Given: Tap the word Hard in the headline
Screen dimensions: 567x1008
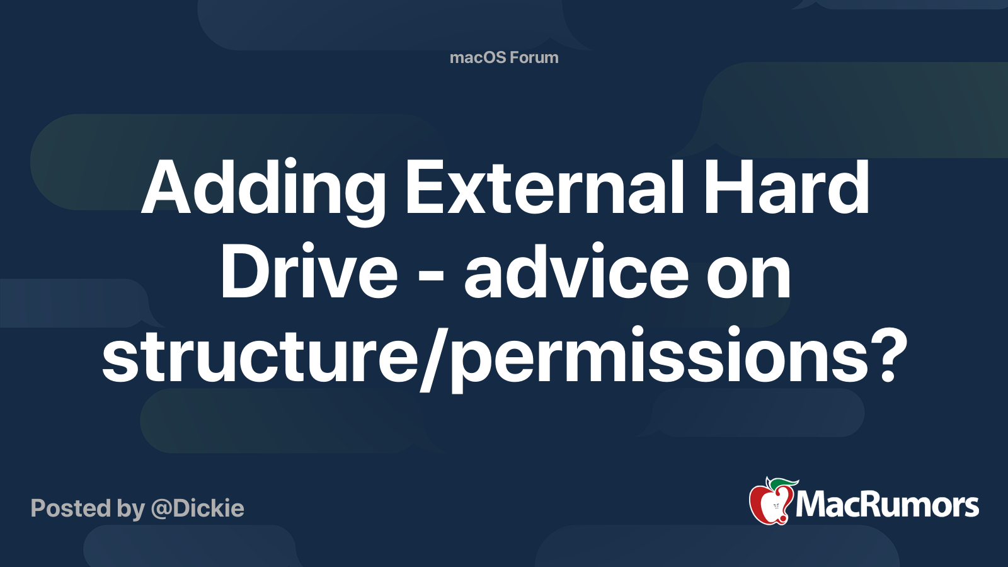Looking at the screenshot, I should [x=786, y=187].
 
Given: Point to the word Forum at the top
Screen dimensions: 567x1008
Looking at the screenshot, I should [x=534, y=58].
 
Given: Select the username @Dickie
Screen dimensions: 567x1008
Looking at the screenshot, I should [x=197, y=508].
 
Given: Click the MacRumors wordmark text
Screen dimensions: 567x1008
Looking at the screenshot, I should [x=887, y=505].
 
